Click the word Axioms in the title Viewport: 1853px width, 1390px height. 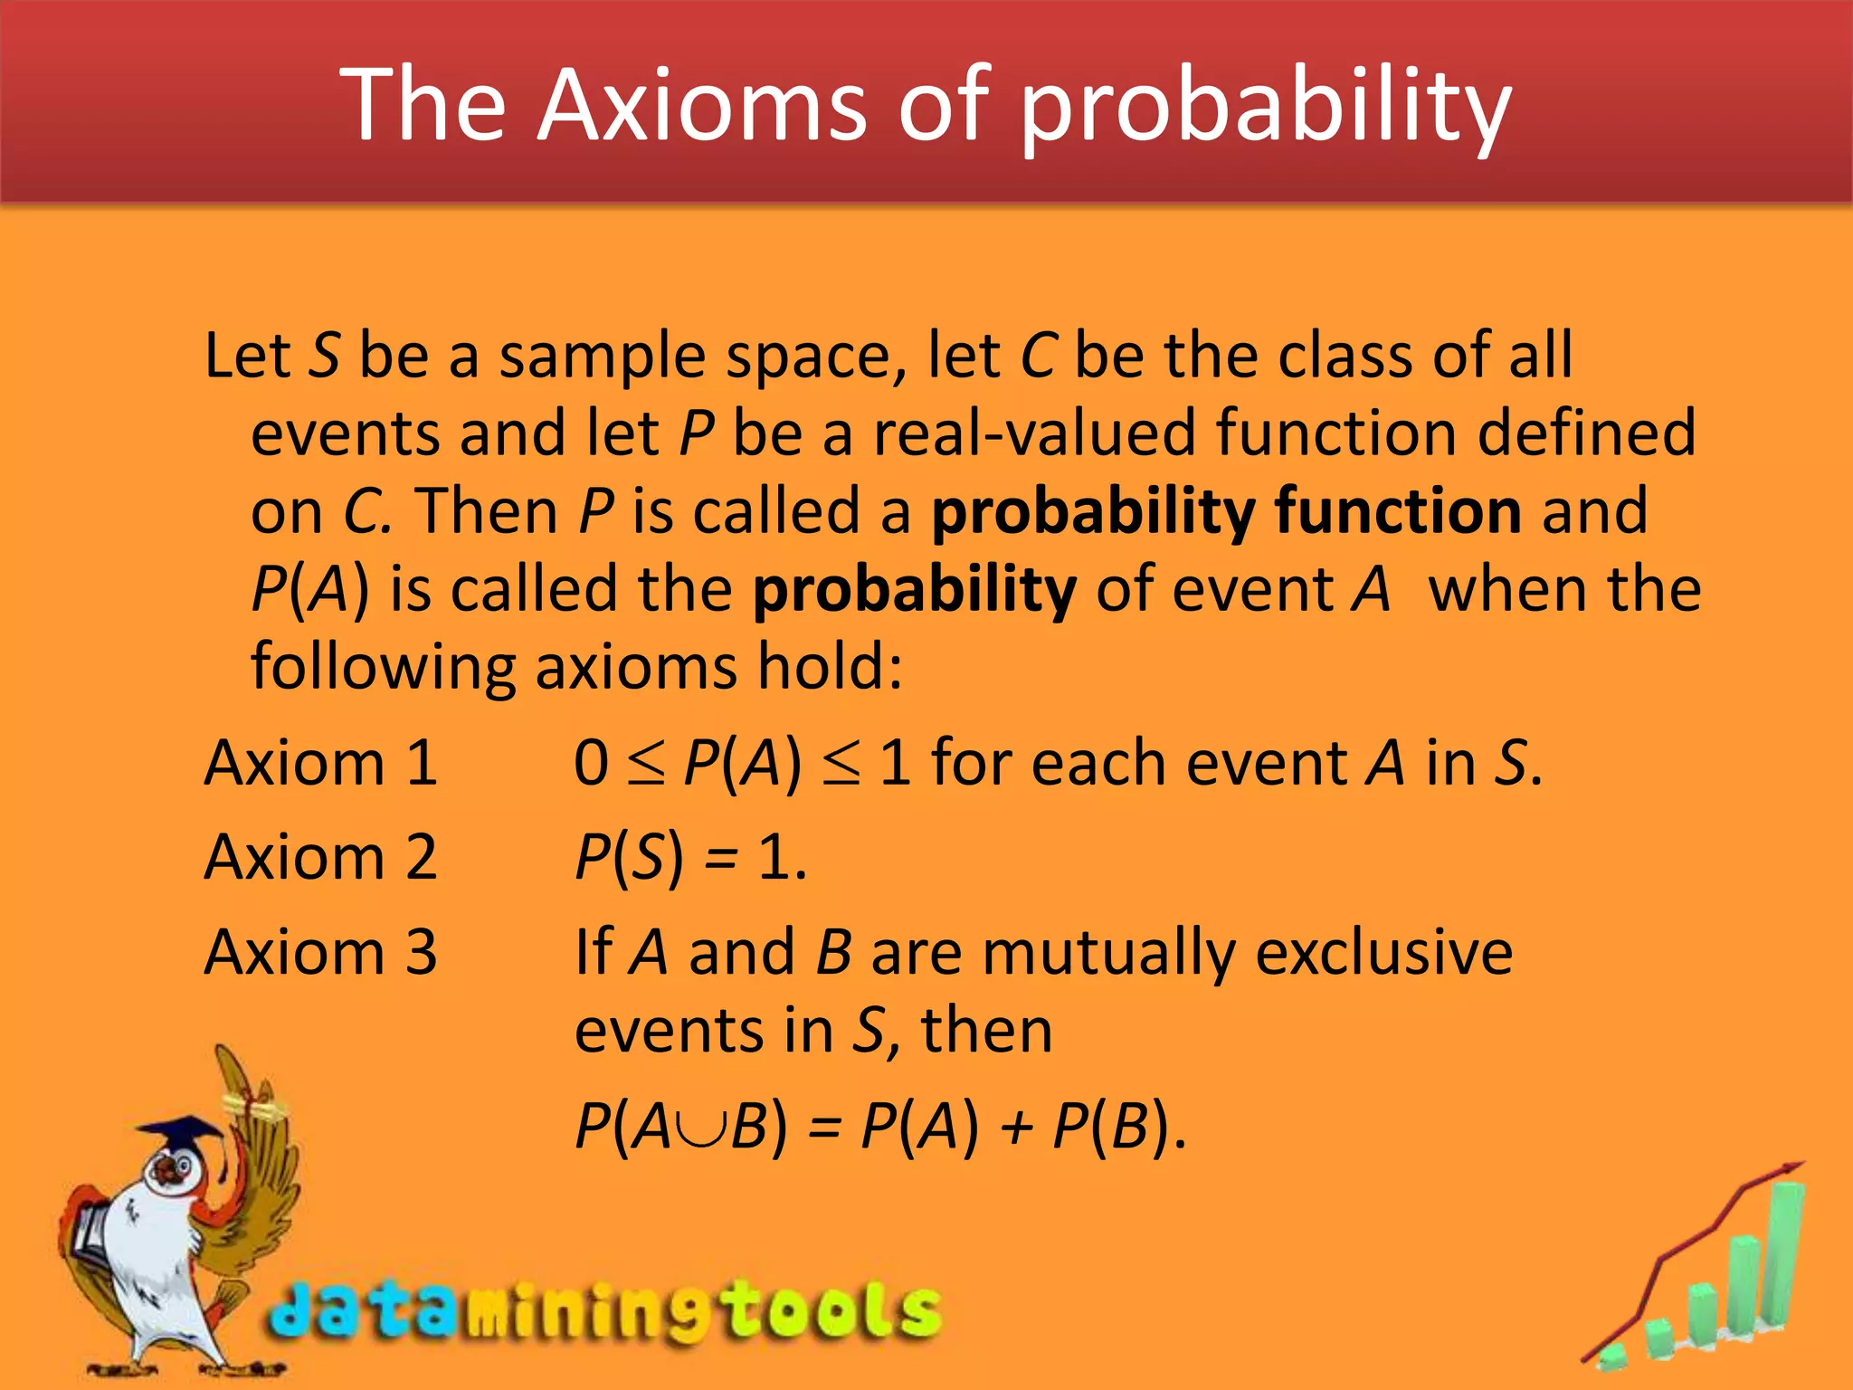pyautogui.click(x=702, y=106)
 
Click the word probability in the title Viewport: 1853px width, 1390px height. pyautogui.click(x=1265, y=109)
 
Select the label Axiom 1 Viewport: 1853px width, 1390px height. pyautogui.click(x=321, y=763)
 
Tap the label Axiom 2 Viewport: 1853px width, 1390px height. pyautogui.click(x=321, y=857)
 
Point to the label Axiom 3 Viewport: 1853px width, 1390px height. pyautogui.click(x=321, y=952)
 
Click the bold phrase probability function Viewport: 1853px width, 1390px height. pyautogui.click(x=1225, y=512)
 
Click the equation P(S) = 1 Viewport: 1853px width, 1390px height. pyautogui.click(x=690, y=857)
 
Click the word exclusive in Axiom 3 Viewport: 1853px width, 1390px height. pyautogui.click(x=1383, y=953)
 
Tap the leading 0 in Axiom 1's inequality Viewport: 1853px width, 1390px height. pyautogui.click(x=591, y=763)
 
